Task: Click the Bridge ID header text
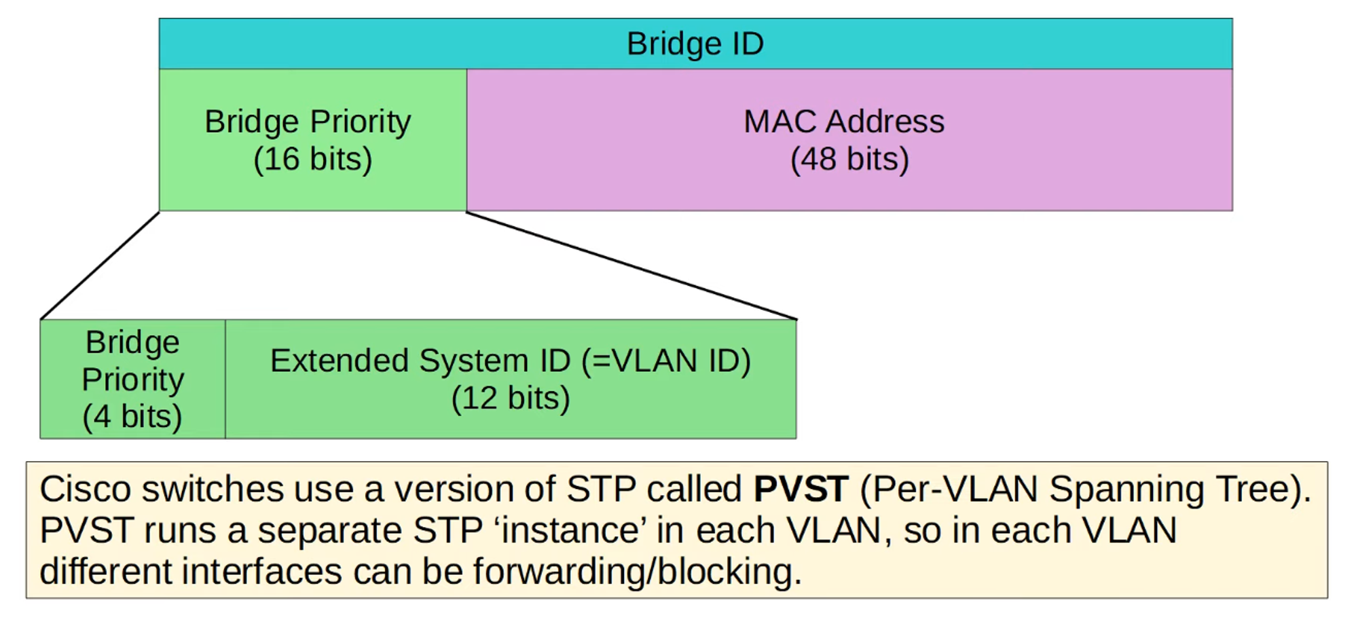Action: pos(695,44)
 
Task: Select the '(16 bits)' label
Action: pos(313,160)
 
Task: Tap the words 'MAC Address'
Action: pos(844,122)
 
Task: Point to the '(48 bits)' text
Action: pos(849,160)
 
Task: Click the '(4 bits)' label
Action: pos(132,416)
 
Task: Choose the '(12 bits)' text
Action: pos(511,398)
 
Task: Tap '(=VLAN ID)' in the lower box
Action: pos(666,361)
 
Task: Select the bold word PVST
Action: pos(801,489)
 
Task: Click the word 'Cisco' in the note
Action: pos(86,489)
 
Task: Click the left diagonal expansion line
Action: pos(100,265)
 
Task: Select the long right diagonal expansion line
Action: pos(631,265)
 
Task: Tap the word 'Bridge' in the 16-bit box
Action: pos(251,122)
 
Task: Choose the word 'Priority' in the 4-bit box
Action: pos(133,380)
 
